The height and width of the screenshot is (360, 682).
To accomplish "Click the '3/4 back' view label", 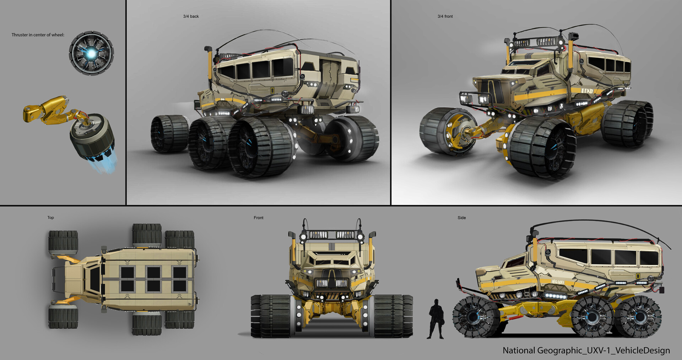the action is [x=191, y=16].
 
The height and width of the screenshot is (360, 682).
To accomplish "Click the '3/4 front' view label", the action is [x=445, y=16].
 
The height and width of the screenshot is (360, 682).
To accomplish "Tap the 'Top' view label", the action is [x=51, y=218].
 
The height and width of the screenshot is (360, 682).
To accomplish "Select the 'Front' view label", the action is [x=259, y=218].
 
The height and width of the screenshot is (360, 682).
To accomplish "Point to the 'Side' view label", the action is [x=462, y=218].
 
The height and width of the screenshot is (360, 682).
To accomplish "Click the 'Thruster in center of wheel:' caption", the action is [x=38, y=35].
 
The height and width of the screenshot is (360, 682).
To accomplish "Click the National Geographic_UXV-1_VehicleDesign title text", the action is [x=586, y=350].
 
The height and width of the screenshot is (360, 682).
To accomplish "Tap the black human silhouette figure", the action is [x=436, y=319].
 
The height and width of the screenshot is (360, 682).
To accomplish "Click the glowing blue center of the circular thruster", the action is [x=92, y=53].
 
